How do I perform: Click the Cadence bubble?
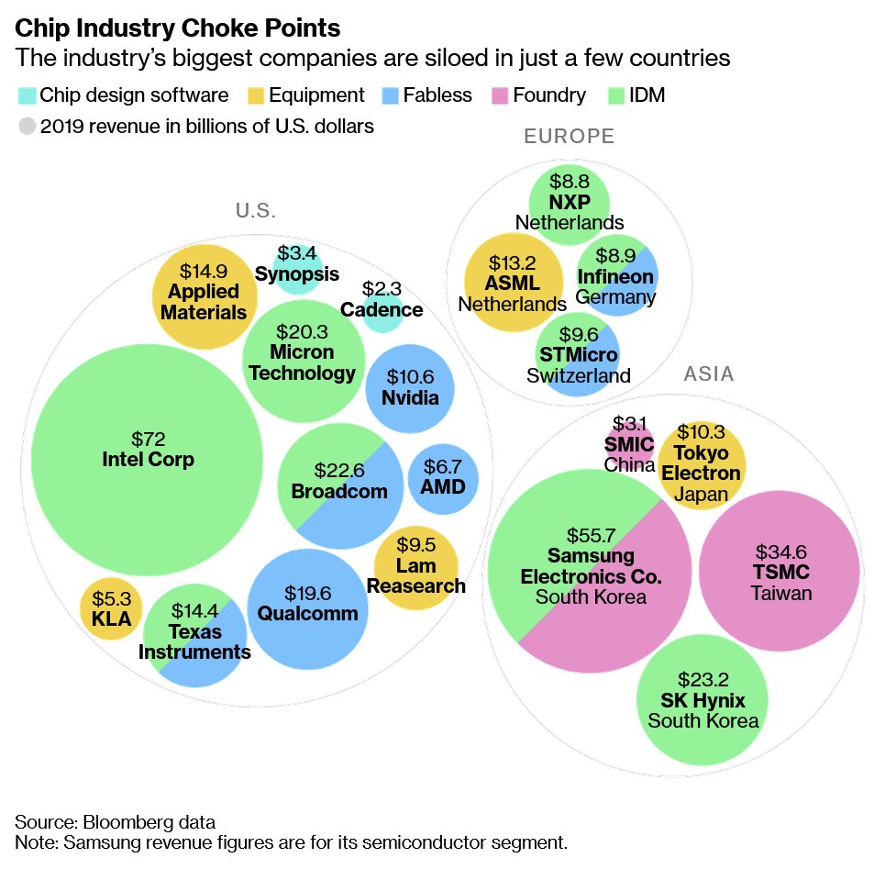pos(382,309)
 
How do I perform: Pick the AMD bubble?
pos(443,478)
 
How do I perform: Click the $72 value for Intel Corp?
pos(148,437)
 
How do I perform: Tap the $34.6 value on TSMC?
pos(780,552)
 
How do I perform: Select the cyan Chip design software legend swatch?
pos(28,95)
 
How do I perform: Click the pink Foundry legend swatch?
pos(500,95)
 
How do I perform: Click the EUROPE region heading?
pos(569,138)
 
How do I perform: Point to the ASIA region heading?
pos(709,374)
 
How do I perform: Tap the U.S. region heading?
pos(256,211)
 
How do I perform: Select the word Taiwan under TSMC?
pos(781,594)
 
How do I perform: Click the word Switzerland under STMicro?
pos(579,375)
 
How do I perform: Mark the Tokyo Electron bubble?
pos(701,463)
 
